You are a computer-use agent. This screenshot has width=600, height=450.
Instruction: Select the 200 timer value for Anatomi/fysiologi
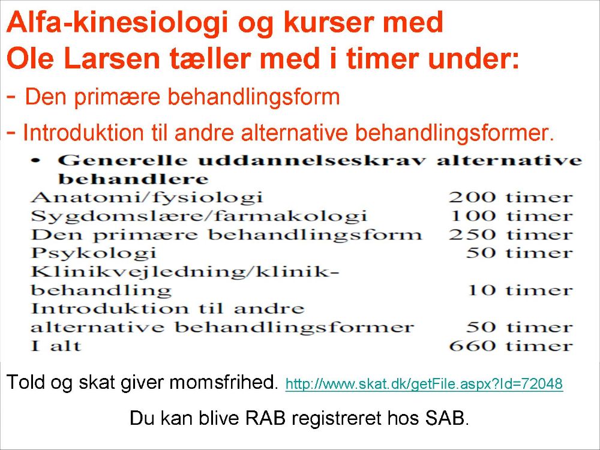[x=511, y=197]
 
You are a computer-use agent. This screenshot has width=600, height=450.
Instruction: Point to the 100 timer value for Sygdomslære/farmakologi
[x=511, y=216]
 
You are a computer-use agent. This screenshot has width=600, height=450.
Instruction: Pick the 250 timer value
[x=511, y=234]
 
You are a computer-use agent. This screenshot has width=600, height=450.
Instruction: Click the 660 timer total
[x=511, y=346]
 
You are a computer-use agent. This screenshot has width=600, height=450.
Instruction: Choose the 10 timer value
[x=520, y=290]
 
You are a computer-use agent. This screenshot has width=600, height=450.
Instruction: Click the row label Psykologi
[x=94, y=253]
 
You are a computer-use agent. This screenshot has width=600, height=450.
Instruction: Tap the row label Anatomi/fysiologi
[x=146, y=198]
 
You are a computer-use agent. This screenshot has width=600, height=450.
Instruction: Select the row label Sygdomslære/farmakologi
[x=199, y=216]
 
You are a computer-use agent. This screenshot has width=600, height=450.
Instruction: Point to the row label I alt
[x=56, y=346]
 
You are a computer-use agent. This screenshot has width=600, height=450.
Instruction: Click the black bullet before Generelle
[x=36, y=161]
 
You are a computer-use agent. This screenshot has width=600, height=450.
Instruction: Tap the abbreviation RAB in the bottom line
[x=265, y=418]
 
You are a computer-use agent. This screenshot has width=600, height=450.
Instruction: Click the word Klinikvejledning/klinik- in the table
[x=185, y=272]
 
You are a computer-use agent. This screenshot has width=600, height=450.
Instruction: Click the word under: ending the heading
[x=473, y=59]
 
